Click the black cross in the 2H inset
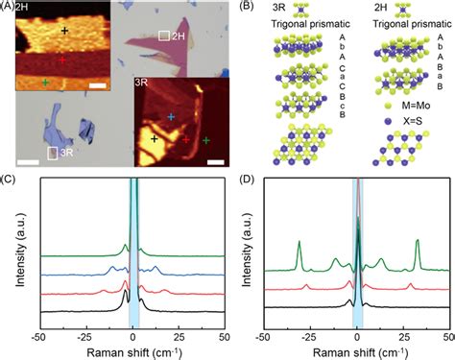(x=65, y=31)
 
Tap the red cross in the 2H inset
(x=63, y=59)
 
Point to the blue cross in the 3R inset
(x=172, y=116)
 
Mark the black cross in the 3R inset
(x=155, y=139)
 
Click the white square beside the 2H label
(x=164, y=36)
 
